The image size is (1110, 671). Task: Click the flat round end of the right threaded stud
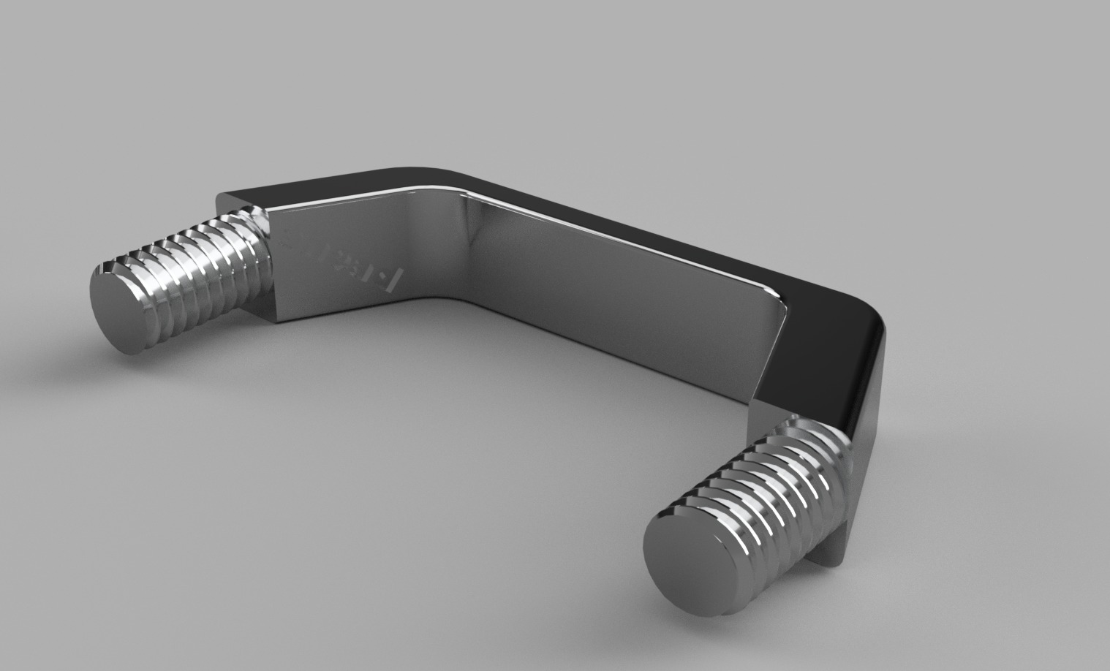(x=676, y=560)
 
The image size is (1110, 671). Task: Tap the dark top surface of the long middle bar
(x=658, y=234)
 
